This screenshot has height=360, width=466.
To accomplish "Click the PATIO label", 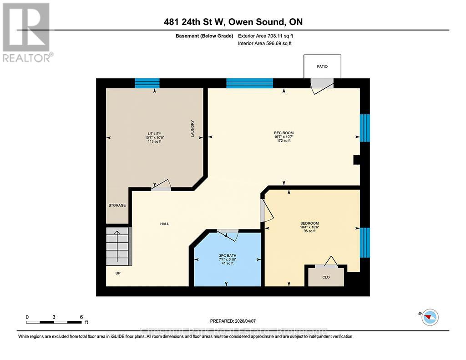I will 322,66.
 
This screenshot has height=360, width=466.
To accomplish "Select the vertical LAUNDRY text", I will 193,129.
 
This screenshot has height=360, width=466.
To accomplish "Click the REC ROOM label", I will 284,133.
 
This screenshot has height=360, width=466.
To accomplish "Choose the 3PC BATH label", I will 226,255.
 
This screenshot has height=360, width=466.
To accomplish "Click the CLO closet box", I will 326,277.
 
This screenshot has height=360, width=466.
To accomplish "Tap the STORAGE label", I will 117,205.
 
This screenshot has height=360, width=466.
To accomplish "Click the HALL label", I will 164,223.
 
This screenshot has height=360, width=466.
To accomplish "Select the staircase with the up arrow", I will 118,247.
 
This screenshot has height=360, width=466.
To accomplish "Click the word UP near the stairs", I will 118,273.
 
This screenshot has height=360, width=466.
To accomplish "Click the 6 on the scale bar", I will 81,317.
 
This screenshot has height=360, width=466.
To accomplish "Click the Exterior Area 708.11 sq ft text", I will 268,35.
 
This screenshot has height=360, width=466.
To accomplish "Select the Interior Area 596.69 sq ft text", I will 264,44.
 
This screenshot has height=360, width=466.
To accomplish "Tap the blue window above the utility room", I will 147,83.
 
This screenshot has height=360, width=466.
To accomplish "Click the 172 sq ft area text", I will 284,141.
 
